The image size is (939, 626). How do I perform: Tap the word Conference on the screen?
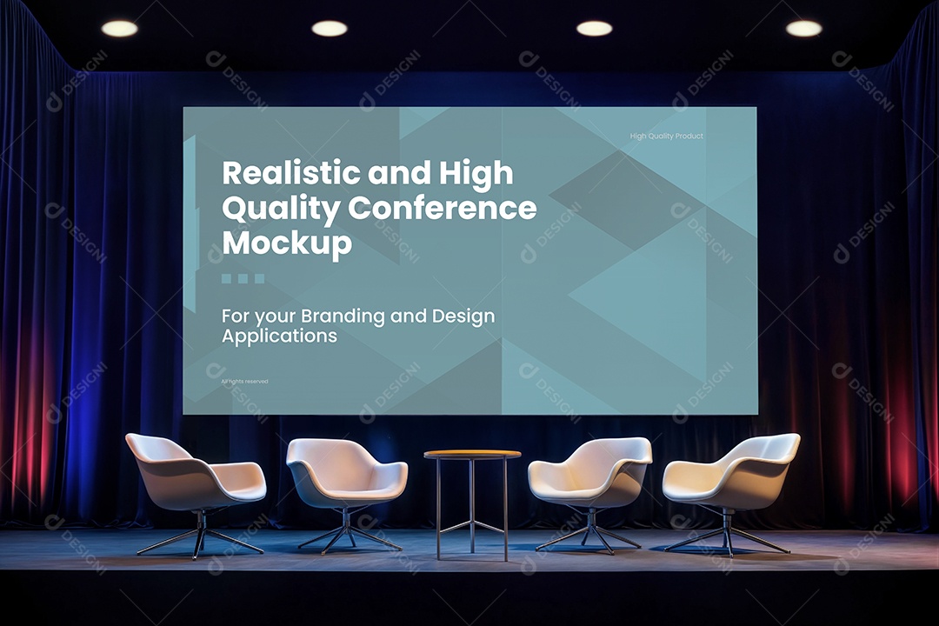pyautogui.click(x=443, y=209)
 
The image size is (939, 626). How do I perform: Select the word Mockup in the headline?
pyautogui.click(x=287, y=243)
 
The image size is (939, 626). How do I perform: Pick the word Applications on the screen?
pyautogui.click(x=279, y=336)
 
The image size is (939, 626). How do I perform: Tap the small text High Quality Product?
pyautogui.click(x=666, y=137)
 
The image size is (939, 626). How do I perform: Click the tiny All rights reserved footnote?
pyautogui.click(x=244, y=382)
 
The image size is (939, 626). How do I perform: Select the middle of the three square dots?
pyautogui.click(x=243, y=279)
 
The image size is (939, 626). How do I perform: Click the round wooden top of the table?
pyautogui.click(x=472, y=454)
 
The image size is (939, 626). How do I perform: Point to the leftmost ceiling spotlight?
pyautogui.click(x=119, y=29)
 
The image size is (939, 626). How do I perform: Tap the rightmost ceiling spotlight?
pyautogui.click(x=803, y=29)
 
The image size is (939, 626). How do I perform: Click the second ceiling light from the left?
pyautogui.click(x=330, y=29)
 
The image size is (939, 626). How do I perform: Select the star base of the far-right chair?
pyautogui.click(x=727, y=536)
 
